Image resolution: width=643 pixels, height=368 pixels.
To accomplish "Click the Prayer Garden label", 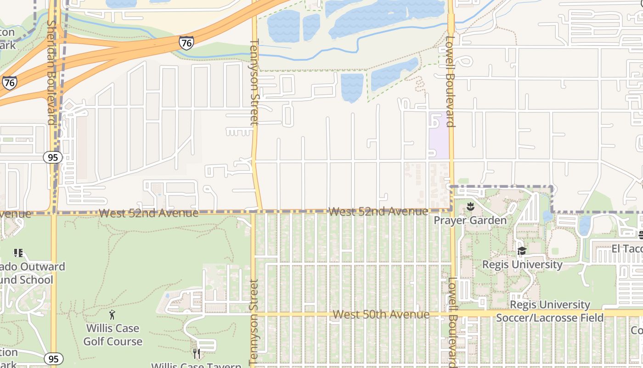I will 470,220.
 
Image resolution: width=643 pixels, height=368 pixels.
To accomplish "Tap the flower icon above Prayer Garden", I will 470,207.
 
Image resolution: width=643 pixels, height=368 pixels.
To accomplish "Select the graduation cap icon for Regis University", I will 522,251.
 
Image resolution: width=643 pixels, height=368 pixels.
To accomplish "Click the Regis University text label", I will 522,264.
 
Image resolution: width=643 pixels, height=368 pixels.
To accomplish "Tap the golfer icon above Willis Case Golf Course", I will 113,315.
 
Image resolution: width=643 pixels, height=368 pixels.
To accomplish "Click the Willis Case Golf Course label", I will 113,335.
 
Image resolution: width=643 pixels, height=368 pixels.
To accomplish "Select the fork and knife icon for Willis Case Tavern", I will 196,353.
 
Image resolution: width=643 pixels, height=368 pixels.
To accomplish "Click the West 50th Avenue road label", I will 381,315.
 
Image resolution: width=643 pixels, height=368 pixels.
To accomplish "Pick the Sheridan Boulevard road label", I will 51,72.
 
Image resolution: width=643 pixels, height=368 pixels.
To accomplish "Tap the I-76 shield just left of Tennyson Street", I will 186,43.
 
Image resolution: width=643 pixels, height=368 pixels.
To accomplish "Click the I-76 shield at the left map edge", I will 9,83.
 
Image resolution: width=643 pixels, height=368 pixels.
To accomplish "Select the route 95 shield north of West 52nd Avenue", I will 53,157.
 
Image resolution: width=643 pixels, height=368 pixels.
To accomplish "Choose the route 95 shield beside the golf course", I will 53,359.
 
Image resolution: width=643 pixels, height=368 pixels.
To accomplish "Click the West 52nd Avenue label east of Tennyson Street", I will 378,212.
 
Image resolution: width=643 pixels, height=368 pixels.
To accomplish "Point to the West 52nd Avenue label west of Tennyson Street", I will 148,213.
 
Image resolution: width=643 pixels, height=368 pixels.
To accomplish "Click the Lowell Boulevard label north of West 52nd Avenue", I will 450,81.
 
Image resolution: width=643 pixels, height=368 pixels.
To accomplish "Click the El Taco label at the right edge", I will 627,249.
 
